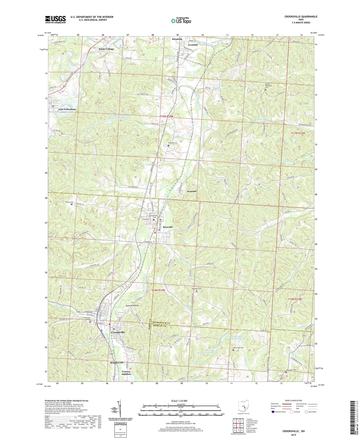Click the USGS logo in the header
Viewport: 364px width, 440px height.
(55, 19)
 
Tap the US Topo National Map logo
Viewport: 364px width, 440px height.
(181, 20)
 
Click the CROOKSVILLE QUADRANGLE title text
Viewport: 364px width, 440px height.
(301, 17)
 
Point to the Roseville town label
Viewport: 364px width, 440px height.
(168, 227)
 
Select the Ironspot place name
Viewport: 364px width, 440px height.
(192, 191)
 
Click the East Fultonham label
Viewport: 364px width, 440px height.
(67, 109)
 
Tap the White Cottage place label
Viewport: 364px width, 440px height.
(106, 49)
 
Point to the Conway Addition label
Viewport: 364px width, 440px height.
(126, 373)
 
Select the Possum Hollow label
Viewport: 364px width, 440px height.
(132, 305)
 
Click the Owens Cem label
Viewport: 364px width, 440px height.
(70, 202)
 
